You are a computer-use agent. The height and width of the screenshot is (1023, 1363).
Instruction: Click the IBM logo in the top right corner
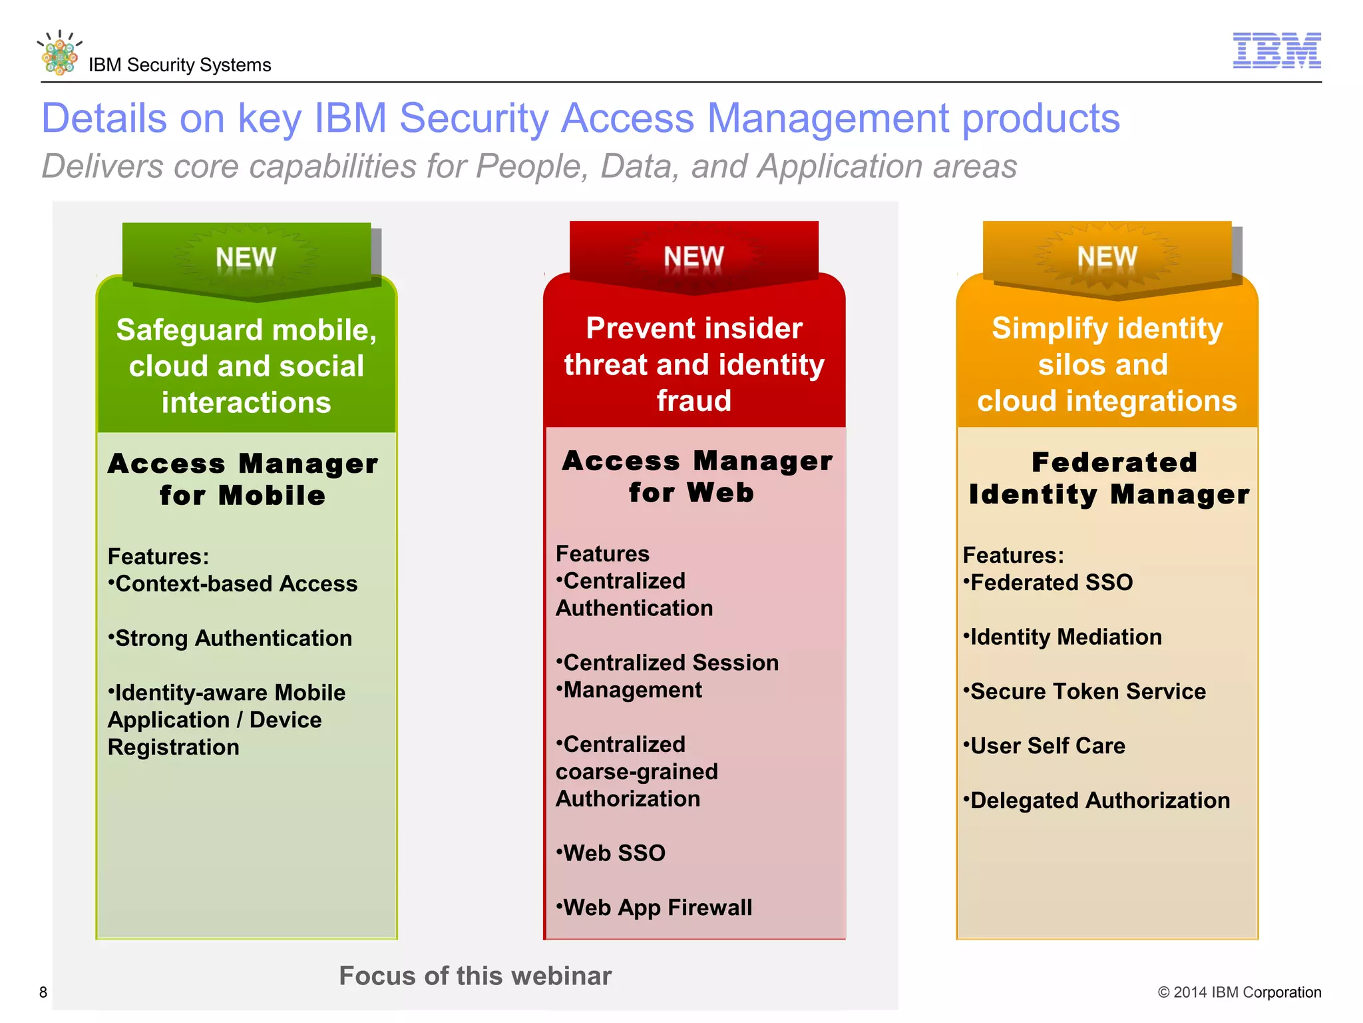[x=1276, y=50]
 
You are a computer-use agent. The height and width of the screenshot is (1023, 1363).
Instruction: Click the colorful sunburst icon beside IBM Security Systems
[x=59, y=54]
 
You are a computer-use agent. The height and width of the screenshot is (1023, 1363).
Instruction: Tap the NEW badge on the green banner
[x=246, y=257]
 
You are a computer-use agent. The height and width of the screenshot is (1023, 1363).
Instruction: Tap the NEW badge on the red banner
[x=693, y=256]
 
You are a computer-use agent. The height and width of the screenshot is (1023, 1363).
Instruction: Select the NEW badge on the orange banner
[x=1107, y=256]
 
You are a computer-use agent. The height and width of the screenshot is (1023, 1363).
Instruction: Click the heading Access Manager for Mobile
[x=243, y=480]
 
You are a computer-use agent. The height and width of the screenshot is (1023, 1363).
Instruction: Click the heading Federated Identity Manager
[x=1109, y=478]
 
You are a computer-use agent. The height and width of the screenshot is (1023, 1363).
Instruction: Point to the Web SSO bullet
[x=611, y=853]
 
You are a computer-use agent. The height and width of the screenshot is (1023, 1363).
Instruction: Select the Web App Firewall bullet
[x=654, y=908]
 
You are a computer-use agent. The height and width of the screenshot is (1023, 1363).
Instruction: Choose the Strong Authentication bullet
[x=230, y=638]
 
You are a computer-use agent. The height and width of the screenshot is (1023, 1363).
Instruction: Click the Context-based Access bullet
[x=233, y=584]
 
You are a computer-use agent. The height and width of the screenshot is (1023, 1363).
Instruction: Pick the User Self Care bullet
[x=1044, y=746]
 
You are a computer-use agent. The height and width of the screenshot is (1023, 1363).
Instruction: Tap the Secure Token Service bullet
[x=1084, y=691]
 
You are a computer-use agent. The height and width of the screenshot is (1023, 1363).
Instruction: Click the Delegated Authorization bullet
[x=1097, y=801]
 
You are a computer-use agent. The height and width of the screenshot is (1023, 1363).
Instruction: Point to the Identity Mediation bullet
[x=1063, y=637]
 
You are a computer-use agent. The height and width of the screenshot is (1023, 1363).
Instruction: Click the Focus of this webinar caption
[x=475, y=976]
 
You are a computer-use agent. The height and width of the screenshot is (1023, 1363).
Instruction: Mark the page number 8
[x=43, y=992]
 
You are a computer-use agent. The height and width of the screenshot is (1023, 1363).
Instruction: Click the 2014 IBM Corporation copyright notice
[x=1239, y=992]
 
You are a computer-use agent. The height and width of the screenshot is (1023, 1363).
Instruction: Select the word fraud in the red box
[x=693, y=401]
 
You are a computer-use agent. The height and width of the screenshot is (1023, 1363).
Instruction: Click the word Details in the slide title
[x=104, y=119]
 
